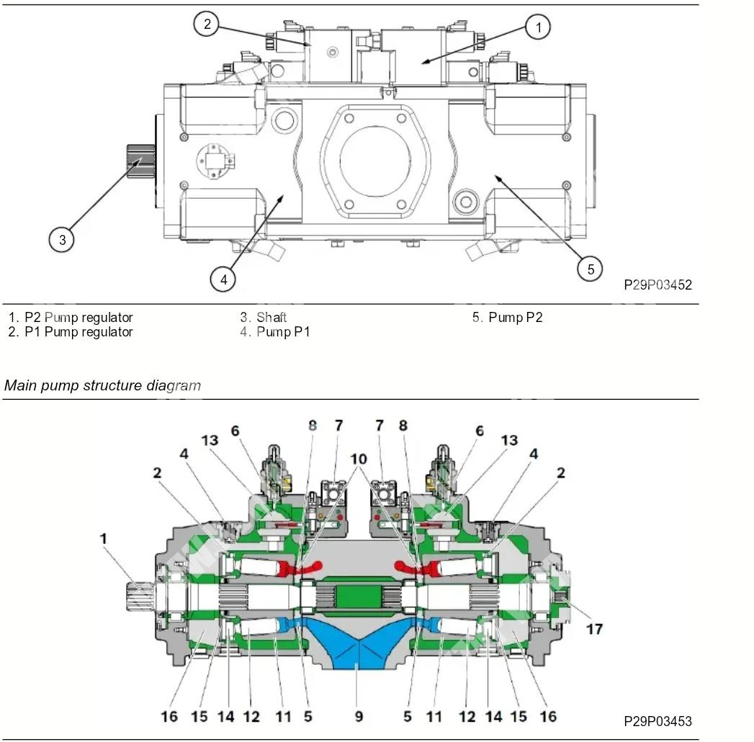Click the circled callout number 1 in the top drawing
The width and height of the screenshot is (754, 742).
[x=538, y=27]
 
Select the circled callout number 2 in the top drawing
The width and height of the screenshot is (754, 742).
[x=207, y=24]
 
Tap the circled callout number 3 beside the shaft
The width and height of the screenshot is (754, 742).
[x=62, y=239]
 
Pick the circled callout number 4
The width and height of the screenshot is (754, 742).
[x=223, y=280]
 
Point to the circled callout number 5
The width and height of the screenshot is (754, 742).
[x=590, y=269]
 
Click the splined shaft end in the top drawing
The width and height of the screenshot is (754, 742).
[x=141, y=161]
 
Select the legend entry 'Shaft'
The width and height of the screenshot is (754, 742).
[x=271, y=318]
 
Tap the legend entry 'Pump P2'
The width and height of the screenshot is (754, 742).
[x=515, y=318]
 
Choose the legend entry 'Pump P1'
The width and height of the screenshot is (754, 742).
[x=283, y=332]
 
